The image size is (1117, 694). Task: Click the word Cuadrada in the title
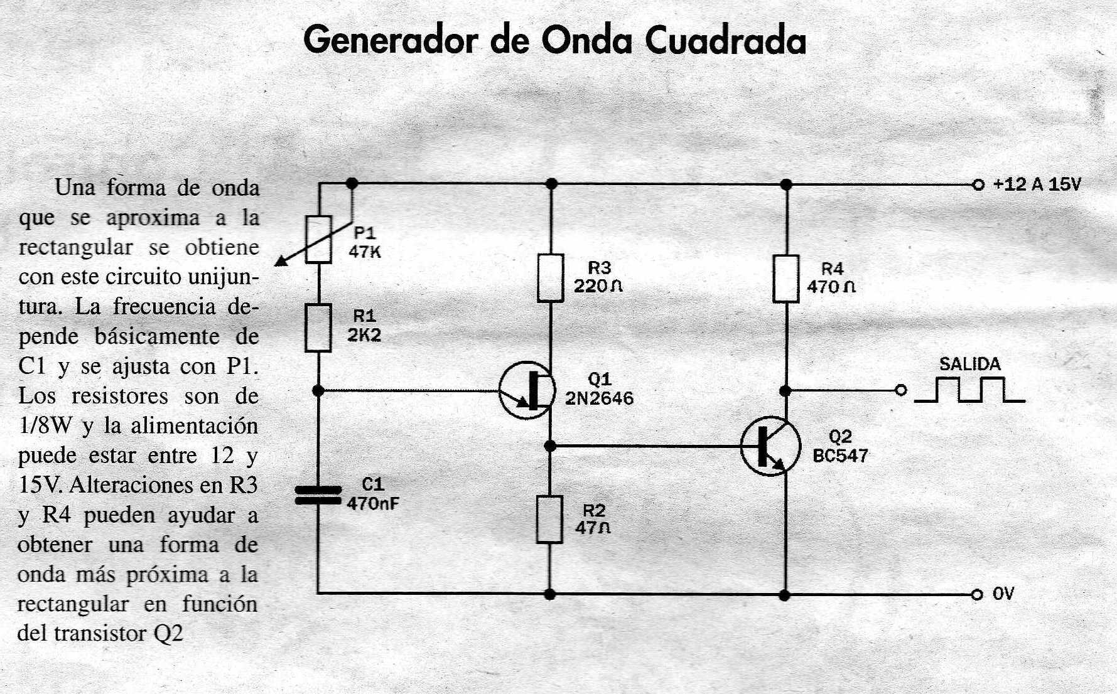coord(725,41)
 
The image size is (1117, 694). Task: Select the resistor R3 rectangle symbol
coord(551,278)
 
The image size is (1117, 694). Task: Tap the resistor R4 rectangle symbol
coord(785,279)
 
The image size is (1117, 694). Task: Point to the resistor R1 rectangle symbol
coord(318,328)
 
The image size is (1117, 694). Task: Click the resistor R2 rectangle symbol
coord(549,519)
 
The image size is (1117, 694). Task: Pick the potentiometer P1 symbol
coord(318,239)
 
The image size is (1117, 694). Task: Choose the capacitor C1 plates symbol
coord(318,495)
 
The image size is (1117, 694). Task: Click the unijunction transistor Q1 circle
coord(527,390)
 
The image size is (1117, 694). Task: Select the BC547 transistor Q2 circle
coord(770,446)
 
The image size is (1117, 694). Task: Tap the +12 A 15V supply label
coord(1037,184)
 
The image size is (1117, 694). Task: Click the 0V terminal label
coord(1003,594)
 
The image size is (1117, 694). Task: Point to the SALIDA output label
coord(969,364)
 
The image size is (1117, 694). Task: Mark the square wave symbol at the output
coord(969,390)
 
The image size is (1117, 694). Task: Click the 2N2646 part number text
coord(599,398)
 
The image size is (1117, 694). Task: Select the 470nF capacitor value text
coord(372,503)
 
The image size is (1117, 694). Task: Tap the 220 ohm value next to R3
coord(598,286)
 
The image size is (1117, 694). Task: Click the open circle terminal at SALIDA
coord(900,390)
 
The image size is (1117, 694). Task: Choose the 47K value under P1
coord(365,252)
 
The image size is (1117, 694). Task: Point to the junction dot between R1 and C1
coord(318,391)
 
